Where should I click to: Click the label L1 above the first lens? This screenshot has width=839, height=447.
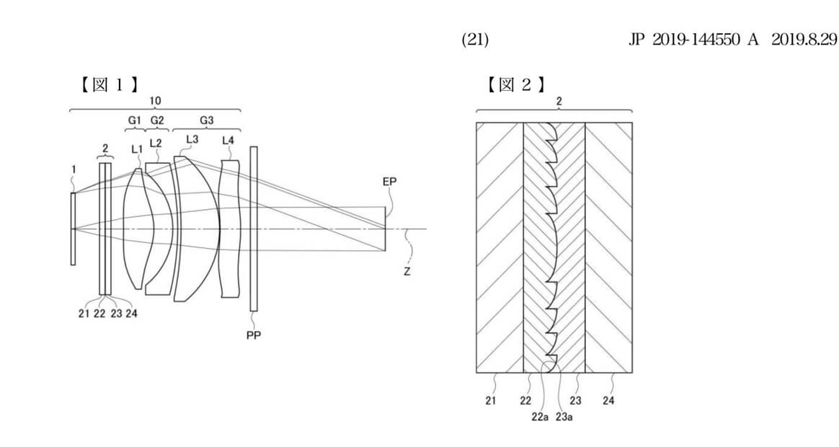click(x=138, y=150)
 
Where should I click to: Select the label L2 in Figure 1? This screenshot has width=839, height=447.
click(x=156, y=143)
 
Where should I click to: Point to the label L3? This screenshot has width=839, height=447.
click(x=192, y=139)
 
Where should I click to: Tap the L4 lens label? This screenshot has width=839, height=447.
click(x=228, y=141)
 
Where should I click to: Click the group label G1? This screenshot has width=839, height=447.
click(x=134, y=120)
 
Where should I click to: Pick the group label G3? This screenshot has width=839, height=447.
click(x=207, y=120)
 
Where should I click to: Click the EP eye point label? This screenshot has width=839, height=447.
click(x=389, y=182)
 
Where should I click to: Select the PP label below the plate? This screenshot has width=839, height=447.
click(x=254, y=335)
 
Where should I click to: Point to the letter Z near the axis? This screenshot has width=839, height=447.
click(x=407, y=271)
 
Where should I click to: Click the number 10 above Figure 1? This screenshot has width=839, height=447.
click(x=155, y=101)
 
